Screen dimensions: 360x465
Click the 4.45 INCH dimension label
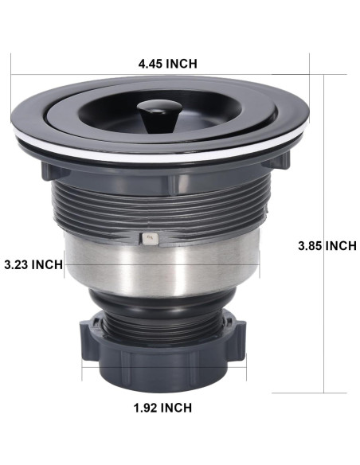[167, 64]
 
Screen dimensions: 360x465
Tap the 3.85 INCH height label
[327, 246]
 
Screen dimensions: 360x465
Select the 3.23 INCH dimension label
[33, 264]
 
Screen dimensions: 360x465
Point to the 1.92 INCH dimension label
[162, 408]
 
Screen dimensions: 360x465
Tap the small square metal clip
[151, 239]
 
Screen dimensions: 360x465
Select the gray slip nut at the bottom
[164, 356]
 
